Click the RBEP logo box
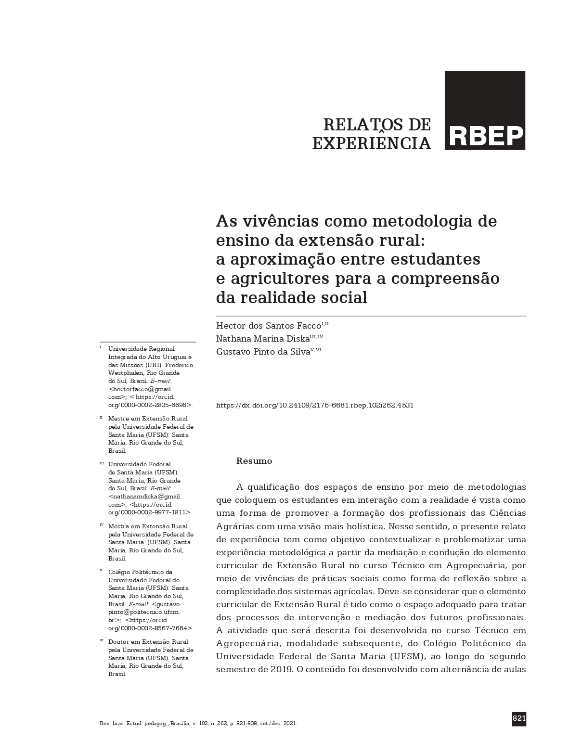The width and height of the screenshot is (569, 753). [485, 111]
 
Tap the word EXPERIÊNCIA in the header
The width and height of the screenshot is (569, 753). [372, 143]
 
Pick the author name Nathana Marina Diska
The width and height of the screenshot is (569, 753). [262, 339]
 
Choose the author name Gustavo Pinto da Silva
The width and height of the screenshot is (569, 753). [263, 352]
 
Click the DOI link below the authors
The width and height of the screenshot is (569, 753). [315, 405]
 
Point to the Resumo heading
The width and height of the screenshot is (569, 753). [254, 461]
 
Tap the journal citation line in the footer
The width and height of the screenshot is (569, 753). [197, 724]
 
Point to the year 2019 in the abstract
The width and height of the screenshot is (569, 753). [278, 669]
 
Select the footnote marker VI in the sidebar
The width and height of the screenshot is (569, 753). [102, 640]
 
